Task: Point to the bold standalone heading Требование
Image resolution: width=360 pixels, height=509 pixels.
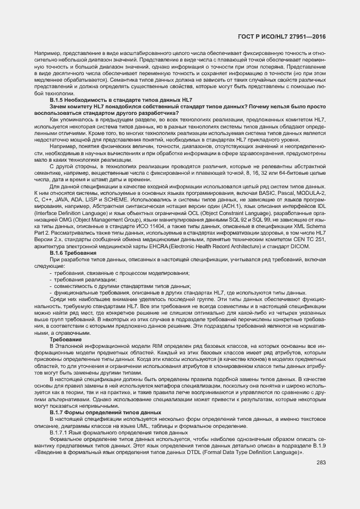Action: [66, 339]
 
